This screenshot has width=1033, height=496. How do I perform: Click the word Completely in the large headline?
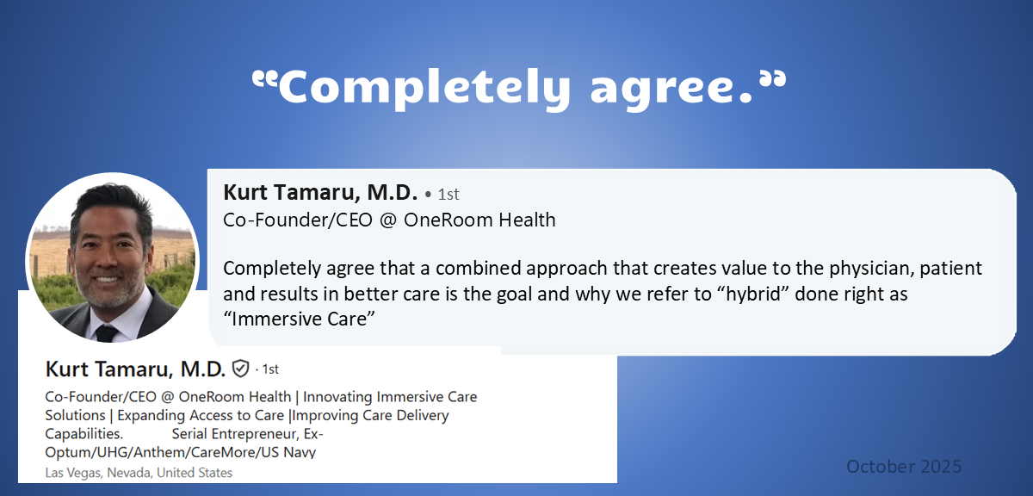pyautogui.click(x=424, y=88)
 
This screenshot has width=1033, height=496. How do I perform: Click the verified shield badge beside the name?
pyautogui.click(x=241, y=369)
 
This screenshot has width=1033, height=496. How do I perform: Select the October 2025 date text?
pyautogui.click(x=904, y=467)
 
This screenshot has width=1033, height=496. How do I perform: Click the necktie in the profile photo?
pyautogui.click(x=106, y=332)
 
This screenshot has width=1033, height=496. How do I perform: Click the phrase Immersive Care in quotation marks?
pyautogui.click(x=299, y=319)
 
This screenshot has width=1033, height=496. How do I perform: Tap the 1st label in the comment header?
pyautogui.click(x=448, y=195)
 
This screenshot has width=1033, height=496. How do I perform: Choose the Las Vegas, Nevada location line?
pyautogui.click(x=139, y=473)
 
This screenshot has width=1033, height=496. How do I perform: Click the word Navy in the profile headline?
pyautogui.click(x=300, y=452)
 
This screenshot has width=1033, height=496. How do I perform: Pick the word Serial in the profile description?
pyautogui.click(x=189, y=434)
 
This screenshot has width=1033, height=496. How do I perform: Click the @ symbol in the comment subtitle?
pyautogui.click(x=388, y=220)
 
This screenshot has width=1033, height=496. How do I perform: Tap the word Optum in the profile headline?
pyautogui.click(x=68, y=452)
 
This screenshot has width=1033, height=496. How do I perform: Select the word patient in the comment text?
pyautogui.click(x=951, y=269)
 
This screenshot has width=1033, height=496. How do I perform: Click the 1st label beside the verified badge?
pyautogui.click(x=270, y=369)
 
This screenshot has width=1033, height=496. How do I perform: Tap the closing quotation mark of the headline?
pyautogui.click(x=773, y=79)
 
